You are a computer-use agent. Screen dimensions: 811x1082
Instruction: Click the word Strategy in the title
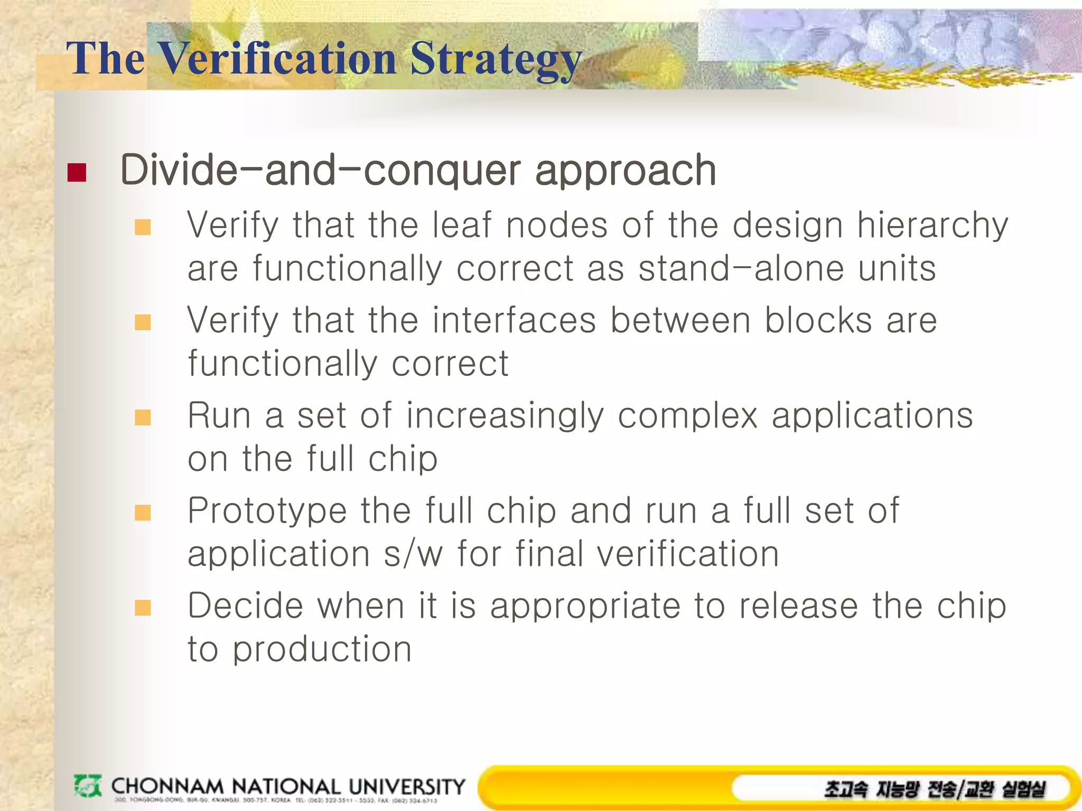(x=496, y=59)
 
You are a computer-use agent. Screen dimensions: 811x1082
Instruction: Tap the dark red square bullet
(x=77, y=173)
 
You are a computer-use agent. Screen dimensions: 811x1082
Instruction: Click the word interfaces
(x=514, y=320)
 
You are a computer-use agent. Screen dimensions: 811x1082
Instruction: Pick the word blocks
(x=818, y=320)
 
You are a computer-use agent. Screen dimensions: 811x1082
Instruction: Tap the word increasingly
(x=505, y=416)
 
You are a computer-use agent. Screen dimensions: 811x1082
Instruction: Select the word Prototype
(x=267, y=511)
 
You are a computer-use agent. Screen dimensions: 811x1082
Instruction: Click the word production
(x=322, y=649)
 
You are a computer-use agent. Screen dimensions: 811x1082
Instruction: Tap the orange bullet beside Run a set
(x=143, y=417)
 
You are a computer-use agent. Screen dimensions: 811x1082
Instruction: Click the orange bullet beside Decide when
(x=143, y=607)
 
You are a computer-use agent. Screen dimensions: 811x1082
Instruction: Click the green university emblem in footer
(x=87, y=786)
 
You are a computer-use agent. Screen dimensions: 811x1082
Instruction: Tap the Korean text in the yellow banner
(x=934, y=789)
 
